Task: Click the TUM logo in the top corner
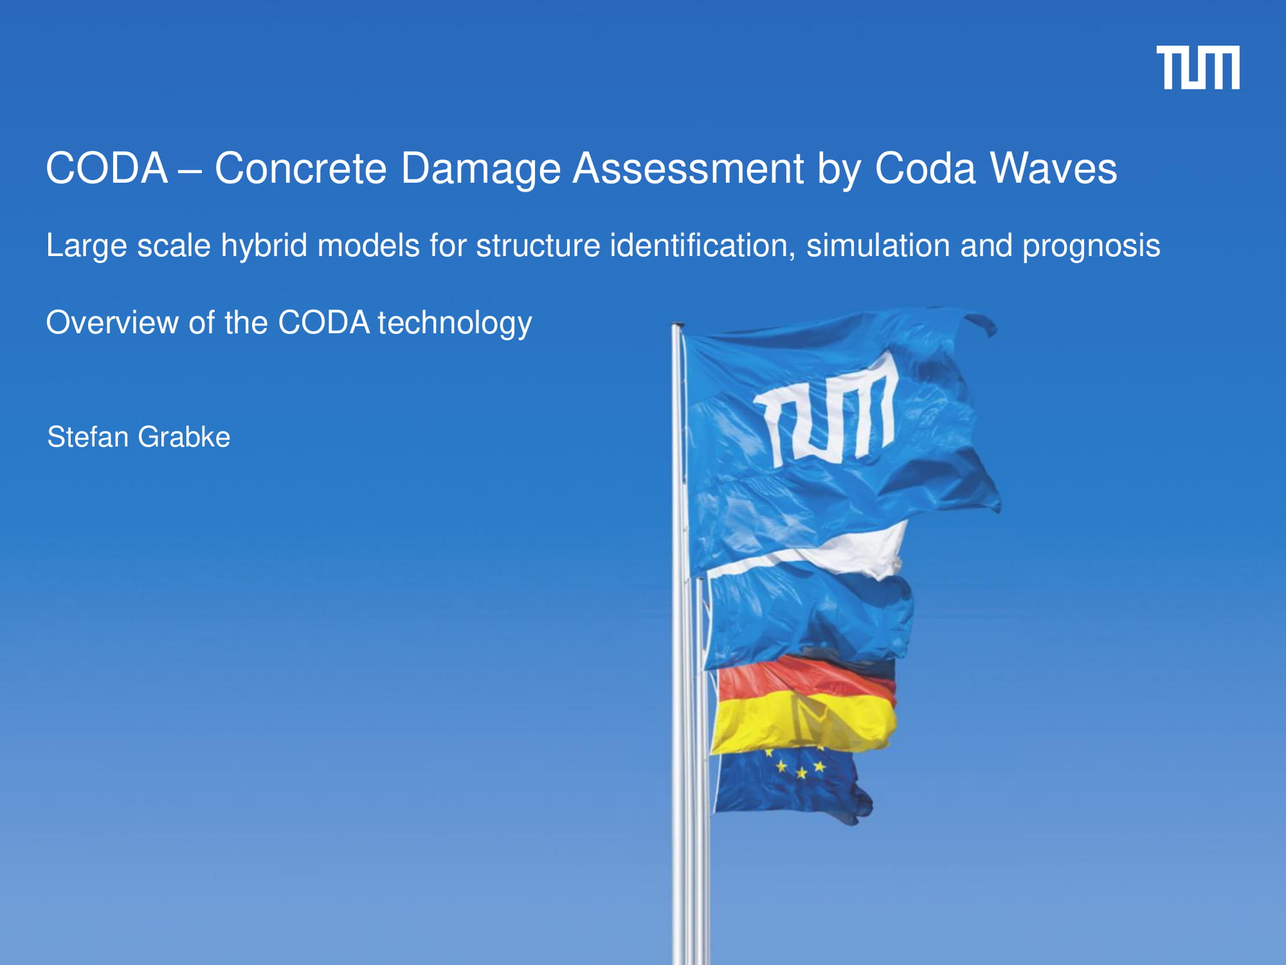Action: pyautogui.click(x=1198, y=68)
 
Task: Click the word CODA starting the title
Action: pyautogui.click(x=107, y=169)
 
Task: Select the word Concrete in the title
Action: pyautogui.click(x=300, y=169)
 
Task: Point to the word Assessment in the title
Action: pyautogui.click(x=688, y=169)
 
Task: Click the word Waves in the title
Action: pyautogui.click(x=1054, y=169)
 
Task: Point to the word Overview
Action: pyautogui.click(x=112, y=322)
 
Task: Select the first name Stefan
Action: pyautogui.click(x=88, y=437)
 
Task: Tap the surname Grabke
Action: pyautogui.click(x=184, y=437)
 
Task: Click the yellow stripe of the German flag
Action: pyautogui.click(x=804, y=724)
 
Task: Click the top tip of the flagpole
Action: pyautogui.click(x=677, y=325)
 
